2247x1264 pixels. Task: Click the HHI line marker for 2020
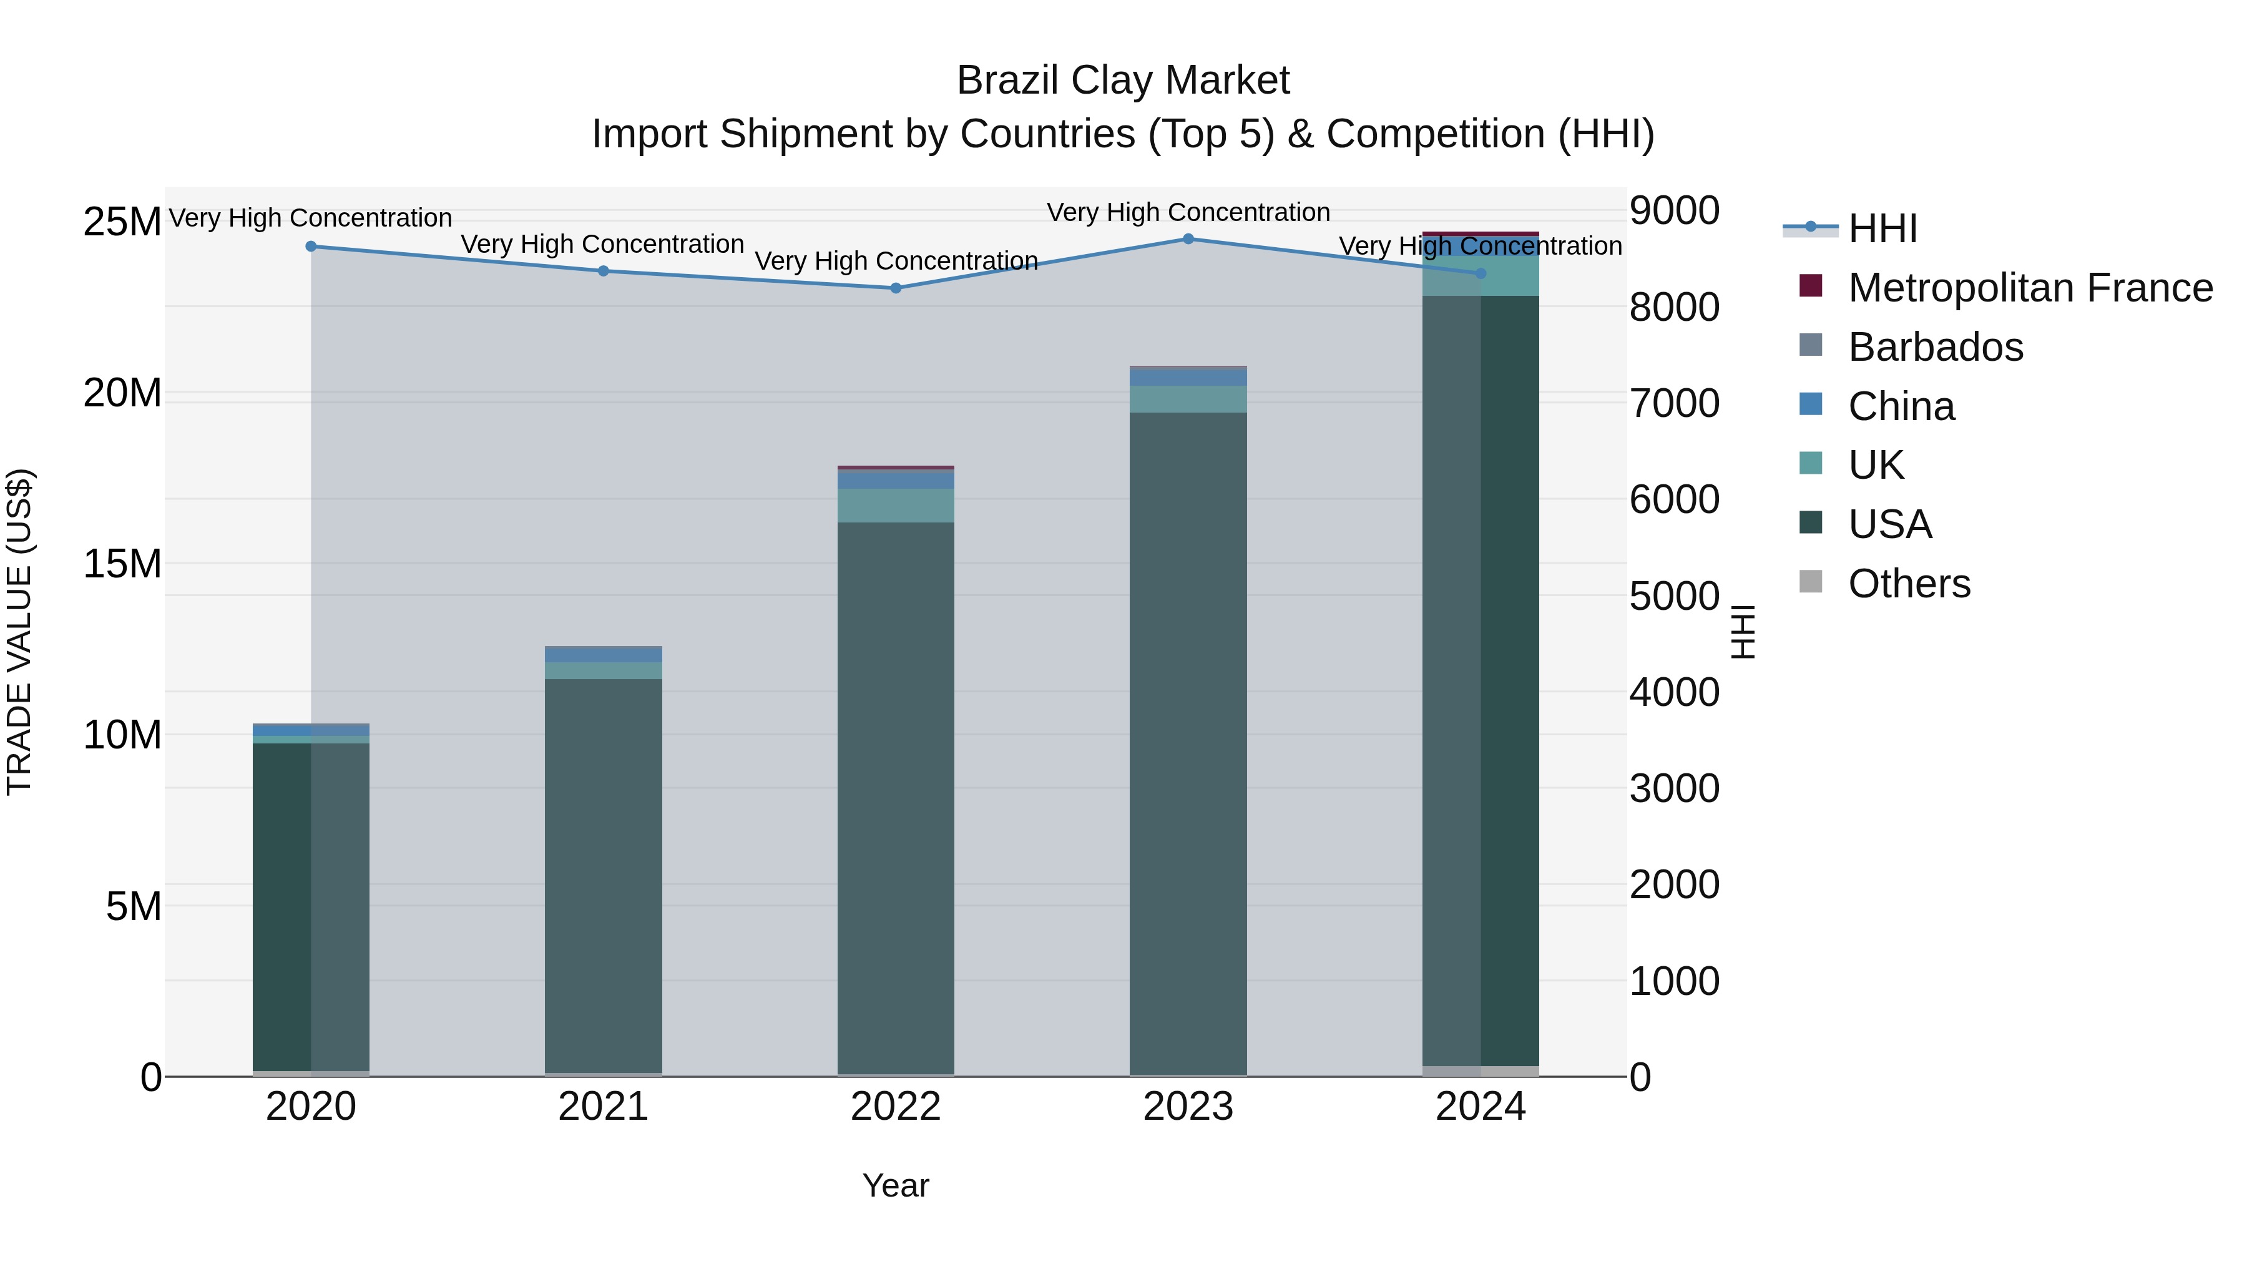coord(311,247)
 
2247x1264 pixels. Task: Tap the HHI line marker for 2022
coord(896,288)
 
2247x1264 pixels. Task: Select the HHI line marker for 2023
coord(1188,239)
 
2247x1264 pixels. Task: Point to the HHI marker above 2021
coord(603,272)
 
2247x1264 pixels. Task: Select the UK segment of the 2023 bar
coord(1188,399)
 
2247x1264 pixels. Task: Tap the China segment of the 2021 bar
coord(603,654)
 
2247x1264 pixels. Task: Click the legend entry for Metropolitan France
coord(2030,288)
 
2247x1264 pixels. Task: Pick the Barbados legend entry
coord(1935,347)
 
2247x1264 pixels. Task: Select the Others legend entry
coord(1909,584)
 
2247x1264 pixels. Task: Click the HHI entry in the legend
coord(1882,228)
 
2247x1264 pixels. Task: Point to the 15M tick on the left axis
coord(122,564)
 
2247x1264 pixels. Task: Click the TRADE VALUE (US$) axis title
coord(19,632)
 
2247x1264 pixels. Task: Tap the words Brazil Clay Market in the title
coord(1123,81)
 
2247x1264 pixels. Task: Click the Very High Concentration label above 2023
coord(1188,212)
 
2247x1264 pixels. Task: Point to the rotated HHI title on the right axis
coord(1743,632)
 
